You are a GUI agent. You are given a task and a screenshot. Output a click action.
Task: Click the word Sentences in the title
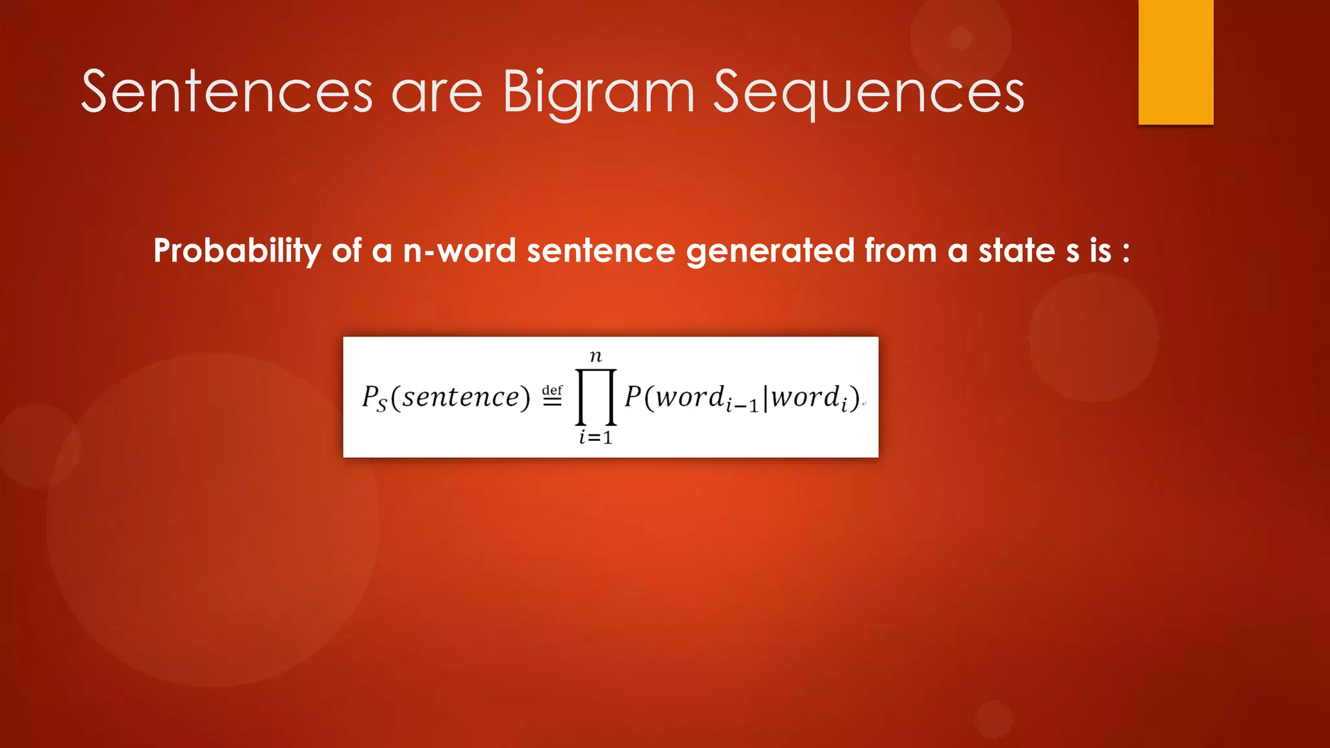coord(227,92)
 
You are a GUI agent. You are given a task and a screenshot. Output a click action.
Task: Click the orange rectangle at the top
coord(1175,62)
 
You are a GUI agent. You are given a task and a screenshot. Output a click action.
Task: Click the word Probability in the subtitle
coord(237,251)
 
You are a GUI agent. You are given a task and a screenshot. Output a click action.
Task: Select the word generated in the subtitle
coord(770,251)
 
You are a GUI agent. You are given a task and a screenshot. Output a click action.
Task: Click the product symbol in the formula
coord(596,397)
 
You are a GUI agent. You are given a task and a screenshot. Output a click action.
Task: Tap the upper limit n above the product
coord(596,356)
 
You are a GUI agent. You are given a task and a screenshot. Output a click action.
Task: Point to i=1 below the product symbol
coord(596,438)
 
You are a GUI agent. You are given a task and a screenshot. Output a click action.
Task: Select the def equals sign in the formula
coord(552,395)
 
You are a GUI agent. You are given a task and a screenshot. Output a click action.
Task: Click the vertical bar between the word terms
coord(766,397)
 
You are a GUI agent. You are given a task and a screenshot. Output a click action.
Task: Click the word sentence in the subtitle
coord(601,251)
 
